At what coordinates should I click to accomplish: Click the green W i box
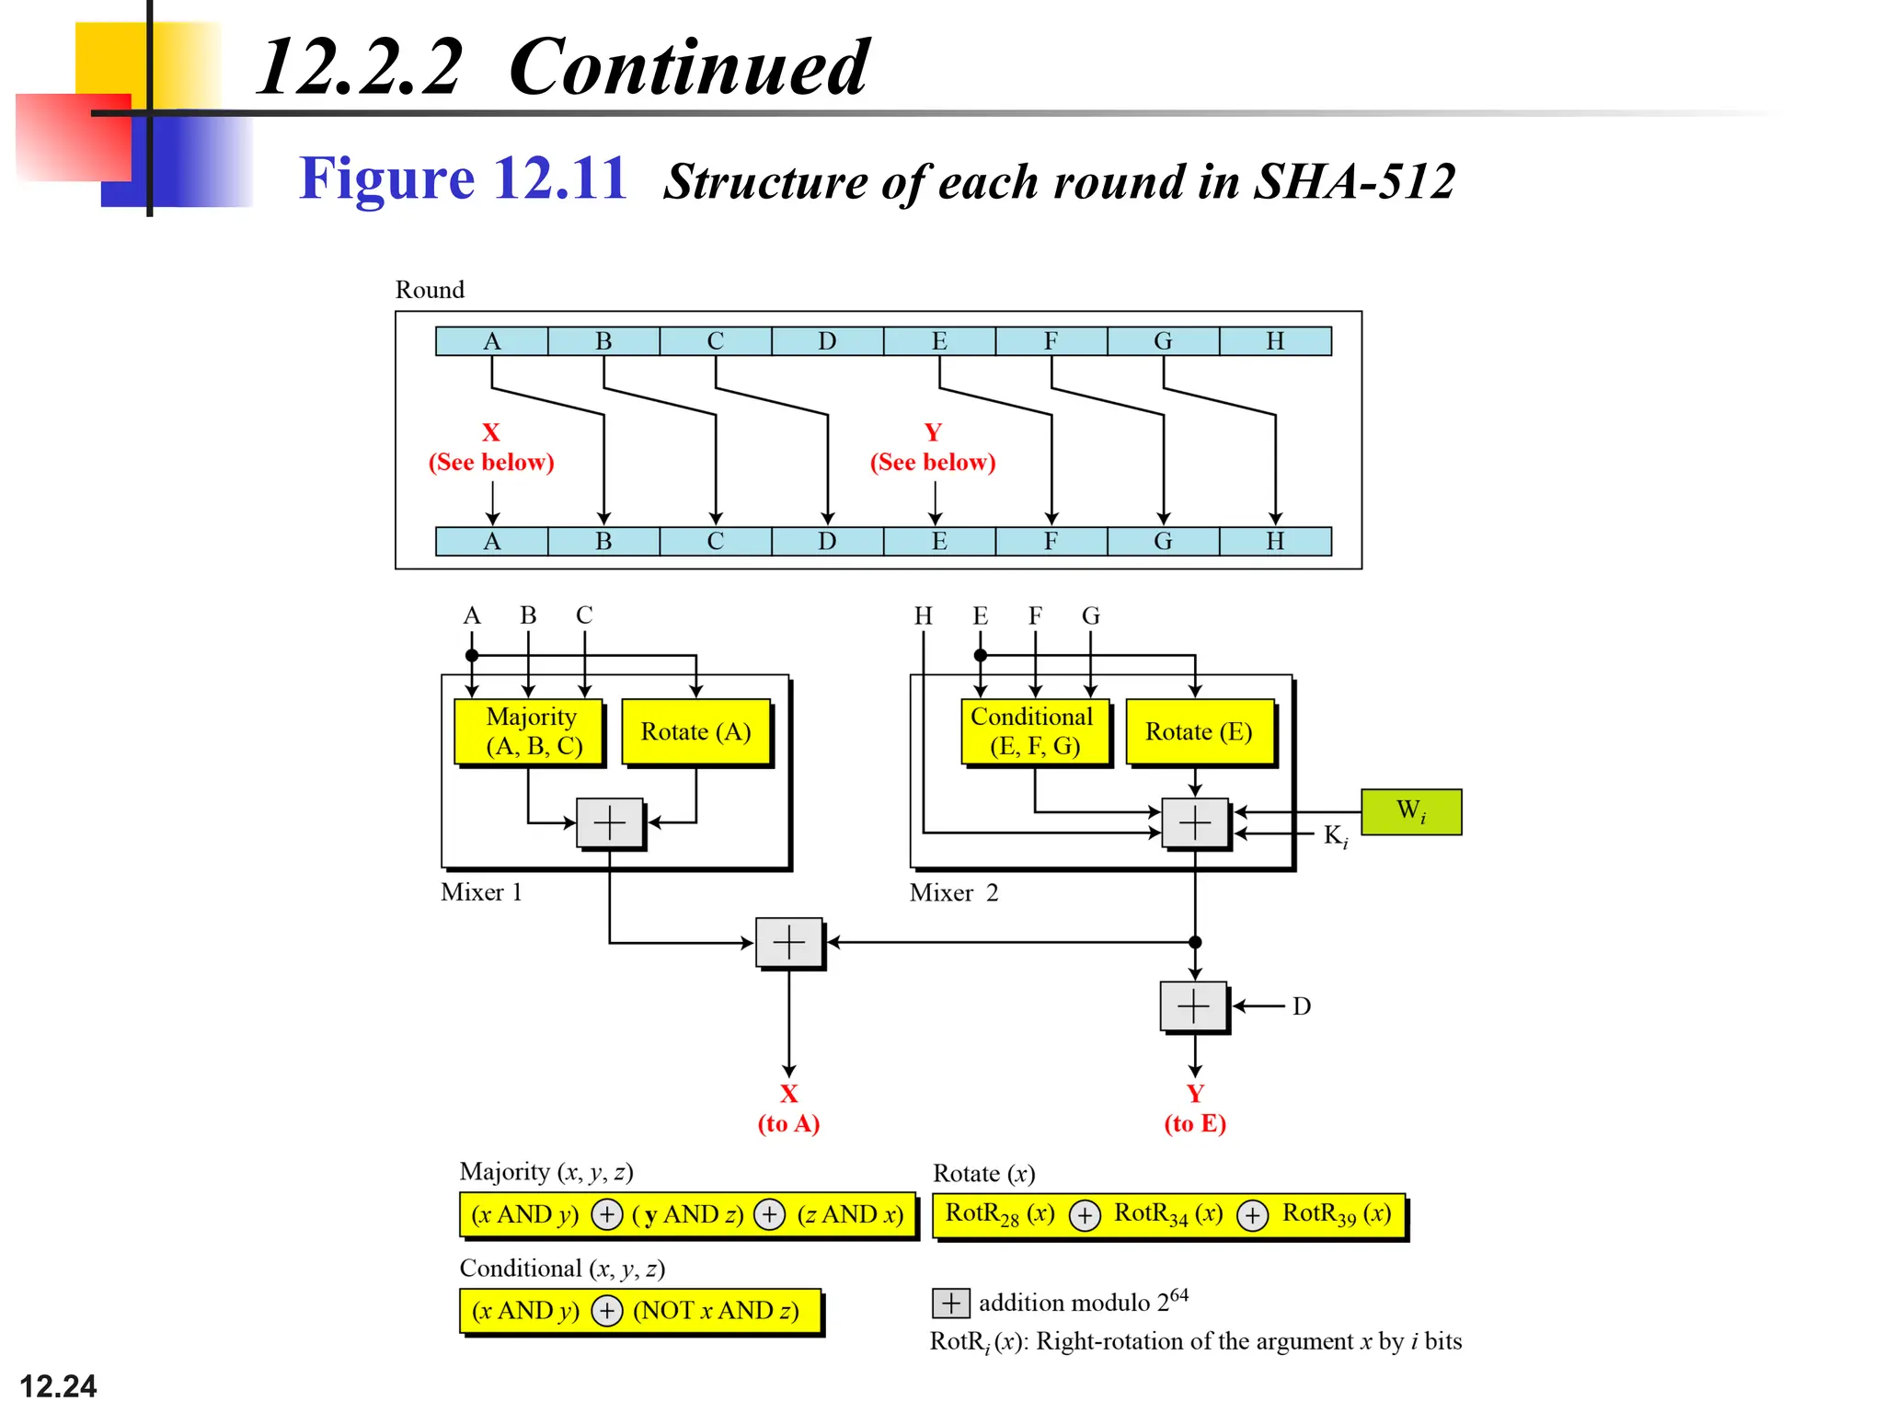pyautogui.click(x=1410, y=811)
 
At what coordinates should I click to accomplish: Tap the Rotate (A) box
pyautogui.click(x=695, y=731)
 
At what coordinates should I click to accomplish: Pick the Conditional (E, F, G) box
pyautogui.click(x=1034, y=731)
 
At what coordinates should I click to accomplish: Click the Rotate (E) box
pyautogui.click(x=1199, y=731)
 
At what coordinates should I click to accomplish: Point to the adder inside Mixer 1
pyautogui.click(x=610, y=822)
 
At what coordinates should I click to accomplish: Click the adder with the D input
pyautogui.click(x=1194, y=1005)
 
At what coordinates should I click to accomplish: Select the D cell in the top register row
pyautogui.click(x=827, y=341)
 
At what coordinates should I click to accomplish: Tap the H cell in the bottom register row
pyautogui.click(x=1275, y=541)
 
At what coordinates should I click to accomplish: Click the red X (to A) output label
pyautogui.click(x=788, y=1108)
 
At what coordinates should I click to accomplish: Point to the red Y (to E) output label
pyautogui.click(x=1195, y=1108)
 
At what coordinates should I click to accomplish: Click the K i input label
pyautogui.click(x=1335, y=835)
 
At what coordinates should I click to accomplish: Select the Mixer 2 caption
pyautogui.click(x=953, y=892)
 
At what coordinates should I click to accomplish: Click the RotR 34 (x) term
pyautogui.click(x=1168, y=1214)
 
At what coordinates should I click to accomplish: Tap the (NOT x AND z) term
pyautogui.click(x=716, y=1310)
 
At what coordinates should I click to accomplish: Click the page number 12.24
pyautogui.click(x=58, y=1385)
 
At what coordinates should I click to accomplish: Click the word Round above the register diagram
pyautogui.click(x=430, y=290)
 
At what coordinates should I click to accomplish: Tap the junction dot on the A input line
pyautogui.click(x=472, y=656)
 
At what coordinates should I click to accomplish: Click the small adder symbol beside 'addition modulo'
pyautogui.click(x=951, y=1303)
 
